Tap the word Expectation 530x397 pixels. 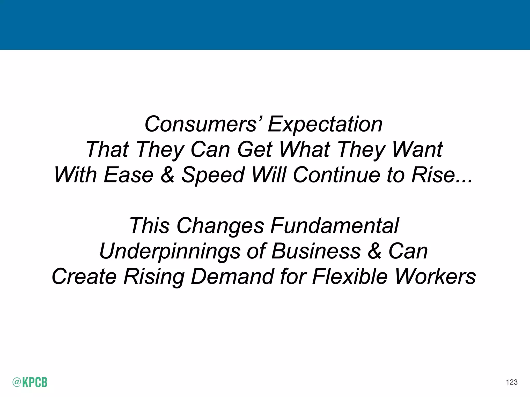[x=325, y=125]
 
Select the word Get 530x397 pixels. [x=255, y=149]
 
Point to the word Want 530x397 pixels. [x=417, y=149]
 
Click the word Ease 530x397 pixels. [x=129, y=175]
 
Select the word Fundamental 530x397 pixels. [x=334, y=226]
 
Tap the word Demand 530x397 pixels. [x=232, y=276]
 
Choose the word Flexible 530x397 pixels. [x=350, y=276]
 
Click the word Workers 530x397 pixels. [x=435, y=276]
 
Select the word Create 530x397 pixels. [x=84, y=276]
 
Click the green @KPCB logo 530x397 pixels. [x=30, y=382]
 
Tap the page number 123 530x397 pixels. [x=511, y=382]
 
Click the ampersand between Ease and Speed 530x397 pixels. [x=167, y=175]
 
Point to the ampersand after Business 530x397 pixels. [x=374, y=251]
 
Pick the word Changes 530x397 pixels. [x=220, y=226]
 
